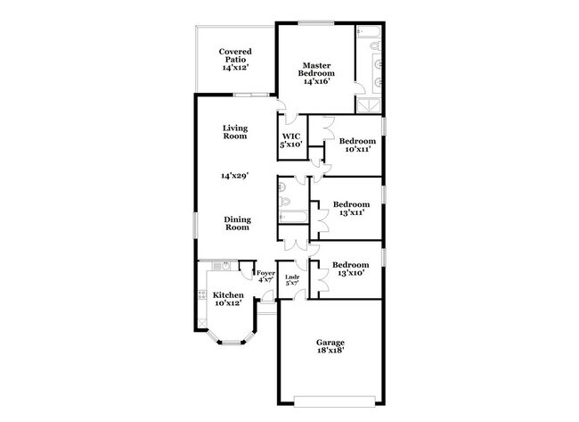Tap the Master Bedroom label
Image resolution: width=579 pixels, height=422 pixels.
pos(316,73)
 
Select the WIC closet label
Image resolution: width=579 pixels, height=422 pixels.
pos(291,140)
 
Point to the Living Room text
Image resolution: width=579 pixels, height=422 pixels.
pos(234,132)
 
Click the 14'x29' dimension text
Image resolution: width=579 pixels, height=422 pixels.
pos(234,176)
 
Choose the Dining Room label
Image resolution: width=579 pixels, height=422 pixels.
pos(237,223)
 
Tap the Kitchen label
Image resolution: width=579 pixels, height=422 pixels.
pos(227,300)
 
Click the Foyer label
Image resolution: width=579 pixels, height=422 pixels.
pos(265,276)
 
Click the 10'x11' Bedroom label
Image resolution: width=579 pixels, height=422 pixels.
pos(356,145)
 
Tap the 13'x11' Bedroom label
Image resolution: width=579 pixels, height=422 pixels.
pos(351,208)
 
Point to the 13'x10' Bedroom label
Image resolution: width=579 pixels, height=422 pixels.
pos(350,269)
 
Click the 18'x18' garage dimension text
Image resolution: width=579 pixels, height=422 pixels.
pos(330,352)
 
